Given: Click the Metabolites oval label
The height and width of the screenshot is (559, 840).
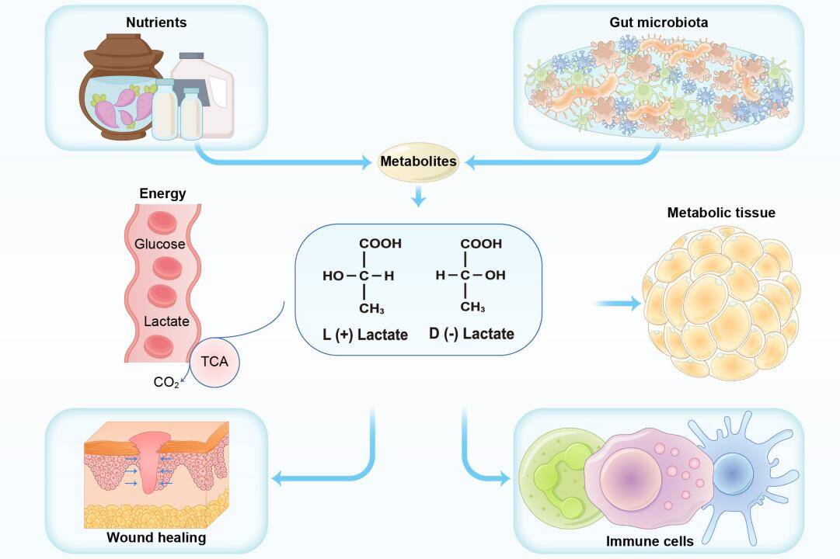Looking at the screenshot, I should (x=418, y=162).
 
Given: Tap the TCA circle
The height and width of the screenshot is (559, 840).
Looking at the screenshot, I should (x=214, y=362).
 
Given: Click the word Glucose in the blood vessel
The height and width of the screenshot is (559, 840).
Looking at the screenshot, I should (x=160, y=244).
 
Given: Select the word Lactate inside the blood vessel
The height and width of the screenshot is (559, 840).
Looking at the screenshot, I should (x=166, y=321).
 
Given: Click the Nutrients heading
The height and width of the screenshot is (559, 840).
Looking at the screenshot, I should (x=156, y=23).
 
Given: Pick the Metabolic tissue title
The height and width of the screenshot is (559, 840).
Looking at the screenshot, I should (x=721, y=213).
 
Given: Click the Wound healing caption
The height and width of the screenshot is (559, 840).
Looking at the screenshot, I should (x=156, y=537).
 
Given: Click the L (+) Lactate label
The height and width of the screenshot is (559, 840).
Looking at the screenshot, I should (x=365, y=335).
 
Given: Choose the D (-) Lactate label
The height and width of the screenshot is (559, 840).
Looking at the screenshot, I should (x=472, y=335).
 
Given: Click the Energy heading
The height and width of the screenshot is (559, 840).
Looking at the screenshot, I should (x=162, y=193).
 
